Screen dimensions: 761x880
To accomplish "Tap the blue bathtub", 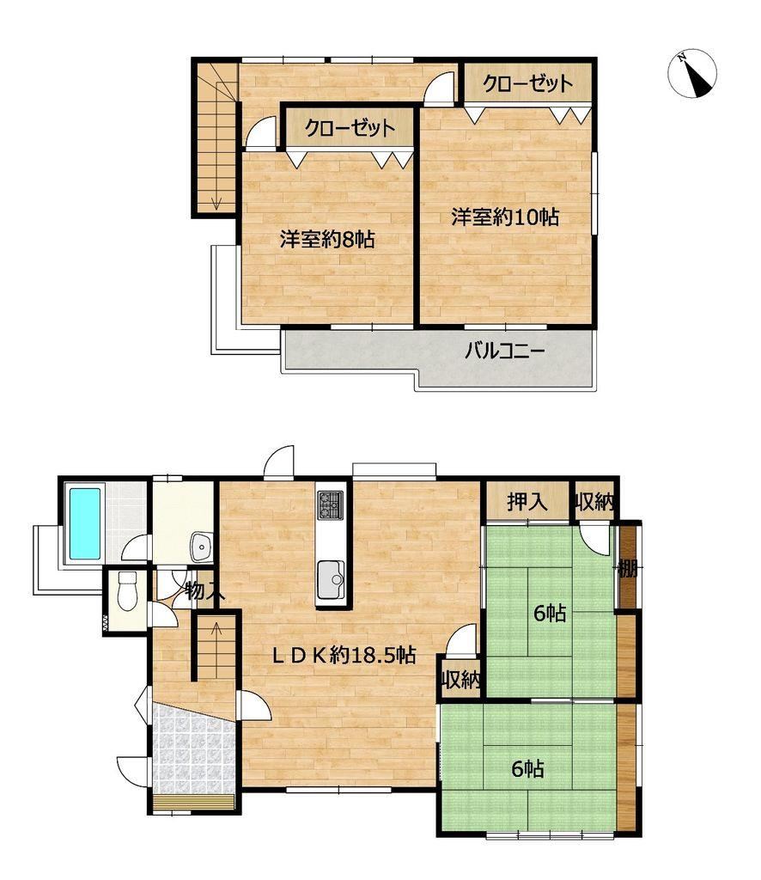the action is [85, 524].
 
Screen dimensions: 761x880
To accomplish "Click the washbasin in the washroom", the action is [201, 547].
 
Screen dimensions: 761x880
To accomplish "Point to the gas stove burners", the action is [331, 504].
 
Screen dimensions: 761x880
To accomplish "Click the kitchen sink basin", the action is [331, 580].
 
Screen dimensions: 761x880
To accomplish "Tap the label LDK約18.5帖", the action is [344, 655].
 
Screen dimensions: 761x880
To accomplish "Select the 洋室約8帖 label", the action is [327, 241].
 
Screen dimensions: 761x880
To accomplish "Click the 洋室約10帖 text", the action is [505, 217].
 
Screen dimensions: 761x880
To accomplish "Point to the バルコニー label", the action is [505, 351].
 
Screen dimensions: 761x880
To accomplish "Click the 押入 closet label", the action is [527, 501].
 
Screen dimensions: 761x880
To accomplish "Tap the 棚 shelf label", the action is [628, 570].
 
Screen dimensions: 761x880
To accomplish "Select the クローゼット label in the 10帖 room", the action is [527, 84].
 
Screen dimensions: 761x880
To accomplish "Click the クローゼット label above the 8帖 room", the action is [350, 129].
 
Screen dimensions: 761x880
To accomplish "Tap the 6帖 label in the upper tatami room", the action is [550, 614].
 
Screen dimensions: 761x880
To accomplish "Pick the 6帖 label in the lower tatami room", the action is [527, 769].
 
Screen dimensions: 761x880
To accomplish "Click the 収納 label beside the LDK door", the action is [461, 681].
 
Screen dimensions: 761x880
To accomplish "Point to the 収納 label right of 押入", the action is [594, 502].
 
